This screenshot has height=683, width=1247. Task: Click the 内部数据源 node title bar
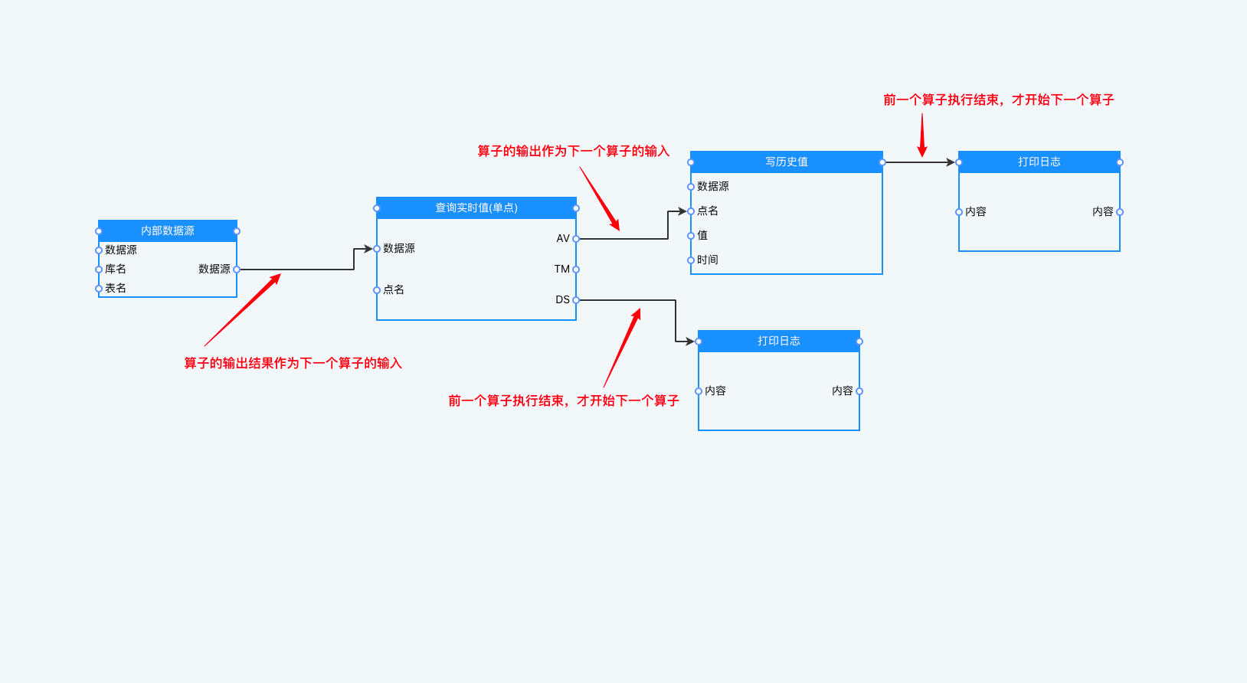click(x=167, y=230)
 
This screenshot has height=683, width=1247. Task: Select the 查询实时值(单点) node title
click(x=476, y=208)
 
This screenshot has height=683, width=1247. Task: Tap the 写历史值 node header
click(x=786, y=162)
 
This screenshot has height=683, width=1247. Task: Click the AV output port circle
click(x=576, y=239)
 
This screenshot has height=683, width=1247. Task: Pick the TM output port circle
click(x=576, y=270)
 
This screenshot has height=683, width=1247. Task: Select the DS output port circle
click(x=576, y=300)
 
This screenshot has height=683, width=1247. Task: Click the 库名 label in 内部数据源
click(x=116, y=269)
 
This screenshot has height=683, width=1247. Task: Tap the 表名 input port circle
click(x=99, y=289)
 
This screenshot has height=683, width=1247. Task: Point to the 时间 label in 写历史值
click(x=708, y=260)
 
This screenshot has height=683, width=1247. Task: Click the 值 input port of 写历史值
click(x=691, y=236)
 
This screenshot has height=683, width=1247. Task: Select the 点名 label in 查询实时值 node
click(x=394, y=289)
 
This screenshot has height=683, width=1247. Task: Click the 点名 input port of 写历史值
click(x=691, y=211)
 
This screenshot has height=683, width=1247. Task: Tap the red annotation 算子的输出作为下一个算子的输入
click(x=573, y=151)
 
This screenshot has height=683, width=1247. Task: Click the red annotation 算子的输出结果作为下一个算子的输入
click(x=293, y=363)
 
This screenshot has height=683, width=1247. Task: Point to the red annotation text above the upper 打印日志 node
click(x=998, y=100)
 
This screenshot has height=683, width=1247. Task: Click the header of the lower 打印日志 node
click(x=778, y=341)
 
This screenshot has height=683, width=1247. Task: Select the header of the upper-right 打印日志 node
click(x=1039, y=162)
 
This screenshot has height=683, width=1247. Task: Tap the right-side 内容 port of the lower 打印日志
click(x=859, y=391)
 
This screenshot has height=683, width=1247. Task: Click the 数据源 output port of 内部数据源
click(x=237, y=270)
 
